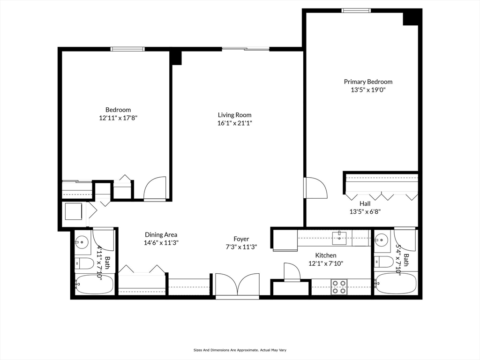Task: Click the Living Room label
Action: tap(234, 115)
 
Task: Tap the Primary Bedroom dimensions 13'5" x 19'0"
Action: tap(368, 90)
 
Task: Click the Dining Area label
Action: tap(161, 235)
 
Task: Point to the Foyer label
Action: tap(241, 239)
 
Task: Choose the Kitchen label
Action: tap(325, 255)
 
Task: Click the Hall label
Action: tap(365, 203)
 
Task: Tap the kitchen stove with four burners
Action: tap(339, 286)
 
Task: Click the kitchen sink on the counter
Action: tap(339, 238)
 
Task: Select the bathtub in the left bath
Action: tap(94, 284)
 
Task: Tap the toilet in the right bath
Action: tap(384, 262)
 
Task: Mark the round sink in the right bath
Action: tap(382, 240)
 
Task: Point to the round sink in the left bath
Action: tap(82, 242)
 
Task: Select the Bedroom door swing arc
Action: tap(155, 188)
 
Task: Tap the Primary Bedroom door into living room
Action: tap(314, 188)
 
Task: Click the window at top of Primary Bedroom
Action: tap(356, 10)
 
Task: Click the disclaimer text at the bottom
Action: tap(240, 350)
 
